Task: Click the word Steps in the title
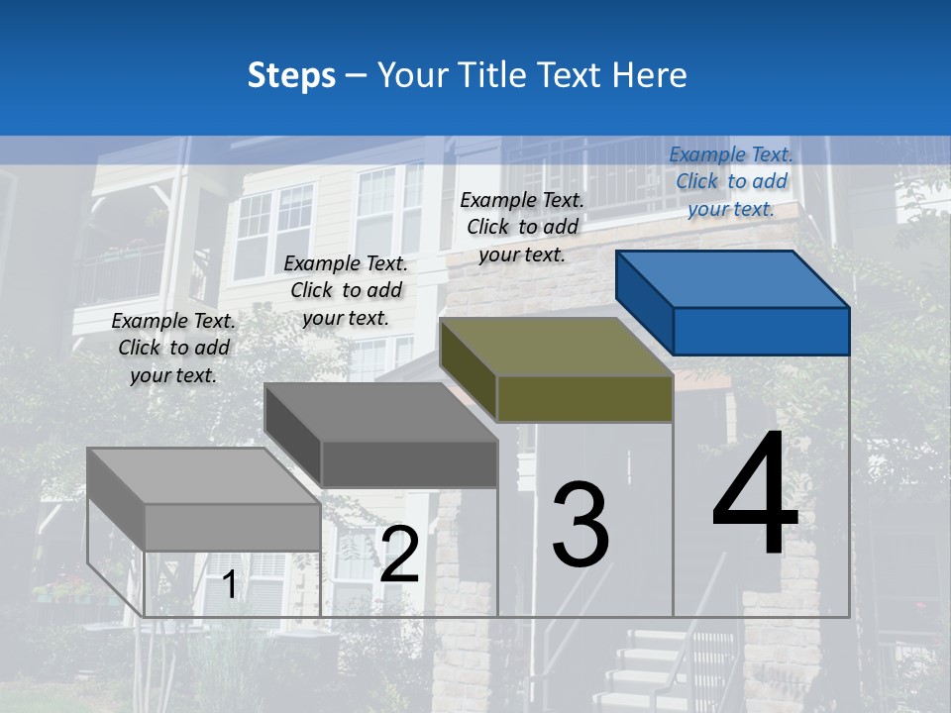tap(291, 75)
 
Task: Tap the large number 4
tap(755, 495)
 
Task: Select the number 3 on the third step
tap(581, 525)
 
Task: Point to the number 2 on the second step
tap(399, 556)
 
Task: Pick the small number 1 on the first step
tap(229, 585)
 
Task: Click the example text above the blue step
tap(731, 181)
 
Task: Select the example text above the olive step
tap(522, 227)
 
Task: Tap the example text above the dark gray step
tap(346, 290)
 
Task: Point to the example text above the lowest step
tap(173, 348)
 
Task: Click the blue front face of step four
tap(761, 331)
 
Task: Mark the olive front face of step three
tap(584, 398)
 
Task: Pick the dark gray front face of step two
tap(408, 463)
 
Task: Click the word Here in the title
tap(650, 75)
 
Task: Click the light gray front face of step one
tap(232, 527)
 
